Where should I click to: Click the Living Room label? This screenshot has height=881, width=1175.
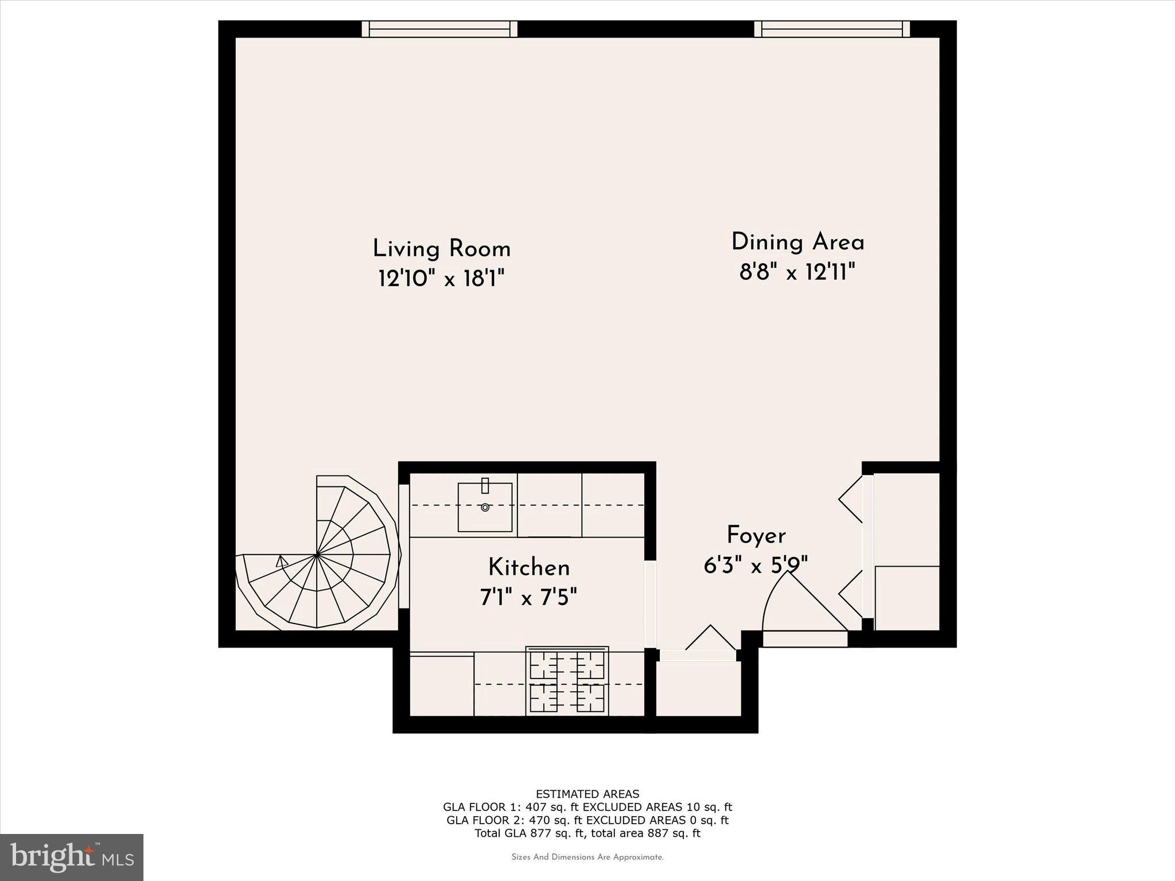coord(441,250)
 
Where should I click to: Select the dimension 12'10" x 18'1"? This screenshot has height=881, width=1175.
coord(441,279)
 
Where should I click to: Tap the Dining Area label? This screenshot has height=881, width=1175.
coord(797,242)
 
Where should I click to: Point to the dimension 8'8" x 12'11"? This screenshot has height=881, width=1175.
coord(797,272)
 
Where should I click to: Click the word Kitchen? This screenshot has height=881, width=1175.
coord(529,568)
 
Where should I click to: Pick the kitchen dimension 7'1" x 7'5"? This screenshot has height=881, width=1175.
coord(529,598)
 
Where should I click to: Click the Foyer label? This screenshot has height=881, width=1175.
coord(756,536)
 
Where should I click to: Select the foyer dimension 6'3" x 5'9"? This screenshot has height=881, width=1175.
coord(756,566)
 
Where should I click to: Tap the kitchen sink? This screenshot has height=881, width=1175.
coord(485,506)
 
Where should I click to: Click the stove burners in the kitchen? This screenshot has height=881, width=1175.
coord(567,681)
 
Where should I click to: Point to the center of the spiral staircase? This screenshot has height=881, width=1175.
coord(317,555)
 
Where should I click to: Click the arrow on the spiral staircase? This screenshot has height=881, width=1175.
coord(282,561)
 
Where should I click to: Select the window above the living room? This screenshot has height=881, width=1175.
coord(439,29)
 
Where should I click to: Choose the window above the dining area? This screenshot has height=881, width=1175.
coord(832,29)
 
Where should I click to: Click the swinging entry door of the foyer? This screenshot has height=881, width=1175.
coord(803,608)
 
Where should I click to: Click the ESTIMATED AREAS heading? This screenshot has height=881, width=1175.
coord(587,794)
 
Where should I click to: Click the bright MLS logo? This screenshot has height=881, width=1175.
coord(72,857)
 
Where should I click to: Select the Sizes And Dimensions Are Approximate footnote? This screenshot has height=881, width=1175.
coord(587,857)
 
